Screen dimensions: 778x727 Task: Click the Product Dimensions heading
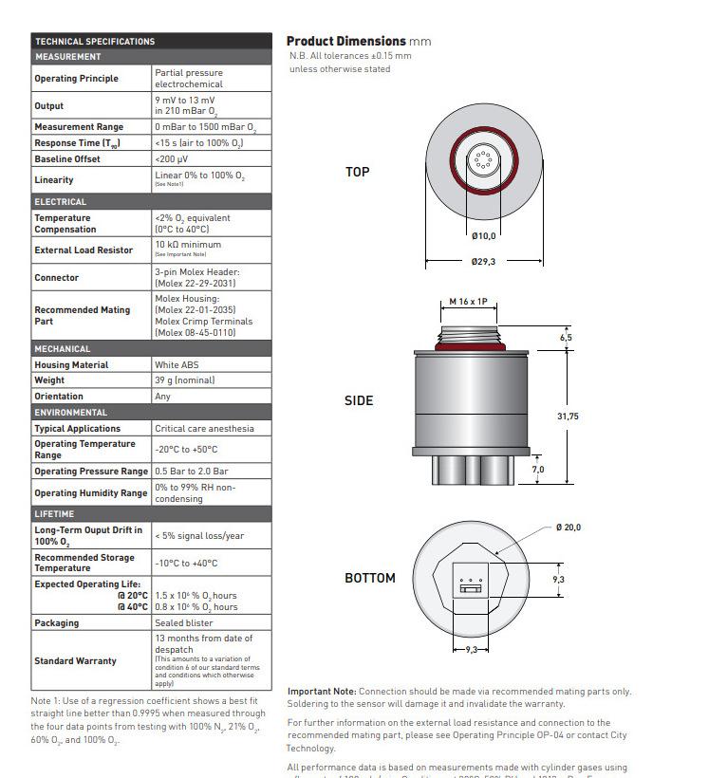(345, 41)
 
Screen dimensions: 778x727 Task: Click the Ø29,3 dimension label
(483, 262)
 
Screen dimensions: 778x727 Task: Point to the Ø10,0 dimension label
(483, 235)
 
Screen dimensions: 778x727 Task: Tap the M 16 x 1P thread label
(468, 302)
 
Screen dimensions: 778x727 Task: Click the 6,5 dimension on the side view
(567, 338)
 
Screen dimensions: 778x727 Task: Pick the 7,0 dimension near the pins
(538, 469)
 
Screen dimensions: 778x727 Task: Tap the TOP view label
(358, 172)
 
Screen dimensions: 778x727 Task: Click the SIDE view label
(359, 401)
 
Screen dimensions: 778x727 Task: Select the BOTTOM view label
(370, 578)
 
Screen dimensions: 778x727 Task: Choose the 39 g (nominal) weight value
(185, 380)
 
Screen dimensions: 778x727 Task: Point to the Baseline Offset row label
(67, 158)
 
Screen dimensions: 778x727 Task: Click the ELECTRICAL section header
(61, 202)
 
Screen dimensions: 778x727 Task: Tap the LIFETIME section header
(55, 514)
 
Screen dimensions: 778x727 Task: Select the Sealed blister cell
(184, 623)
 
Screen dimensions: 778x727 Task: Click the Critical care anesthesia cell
(204, 428)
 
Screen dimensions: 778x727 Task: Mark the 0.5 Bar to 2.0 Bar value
(192, 471)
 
